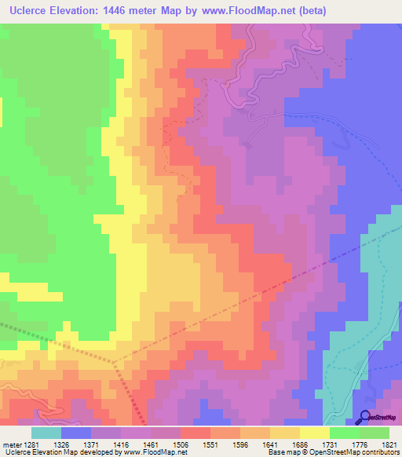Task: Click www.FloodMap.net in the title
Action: click(248, 10)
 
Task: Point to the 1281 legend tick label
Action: click(31, 444)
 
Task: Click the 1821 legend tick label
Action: click(388, 444)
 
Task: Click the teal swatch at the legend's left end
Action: click(46, 433)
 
